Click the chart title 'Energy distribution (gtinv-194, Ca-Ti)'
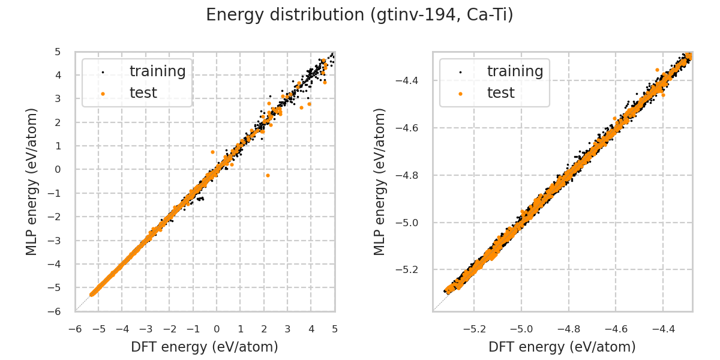click(x=359, y=15)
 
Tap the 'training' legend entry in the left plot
click(x=157, y=71)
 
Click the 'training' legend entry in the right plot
click(x=515, y=71)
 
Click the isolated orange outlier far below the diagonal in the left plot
click(x=268, y=175)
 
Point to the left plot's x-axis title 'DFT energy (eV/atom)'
click(x=205, y=347)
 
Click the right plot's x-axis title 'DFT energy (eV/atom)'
click(x=562, y=347)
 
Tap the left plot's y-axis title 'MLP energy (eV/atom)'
click(x=32, y=181)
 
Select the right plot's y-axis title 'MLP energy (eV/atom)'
click(x=380, y=181)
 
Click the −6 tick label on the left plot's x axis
click(x=75, y=329)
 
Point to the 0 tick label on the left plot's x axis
click(x=217, y=329)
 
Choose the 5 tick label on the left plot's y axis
click(x=58, y=52)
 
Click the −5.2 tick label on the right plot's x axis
click(x=473, y=329)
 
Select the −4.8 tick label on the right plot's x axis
click(x=568, y=329)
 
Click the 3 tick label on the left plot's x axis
click(x=287, y=329)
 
